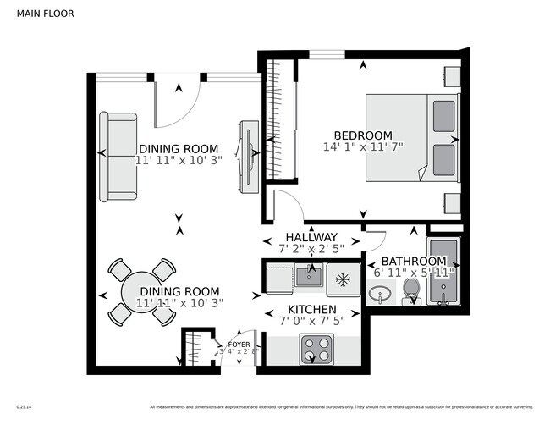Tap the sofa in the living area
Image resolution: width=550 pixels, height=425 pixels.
pos(118,157)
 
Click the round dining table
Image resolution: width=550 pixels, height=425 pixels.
pos(141,292)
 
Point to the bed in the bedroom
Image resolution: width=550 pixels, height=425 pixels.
pos(410,136)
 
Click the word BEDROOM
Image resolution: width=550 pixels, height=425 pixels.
pos(363,135)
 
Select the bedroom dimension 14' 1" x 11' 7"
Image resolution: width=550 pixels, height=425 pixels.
pos(363,147)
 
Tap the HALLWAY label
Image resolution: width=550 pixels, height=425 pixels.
pos(311,237)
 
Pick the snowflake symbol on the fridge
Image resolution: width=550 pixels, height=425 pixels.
pos(344,278)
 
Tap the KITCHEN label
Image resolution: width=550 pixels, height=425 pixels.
pos(312,310)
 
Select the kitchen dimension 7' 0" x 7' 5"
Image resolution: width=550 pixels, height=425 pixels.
pos(312,321)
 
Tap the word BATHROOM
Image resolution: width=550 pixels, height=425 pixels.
pos(413,261)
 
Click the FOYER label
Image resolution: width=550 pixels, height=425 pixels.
pos(239,345)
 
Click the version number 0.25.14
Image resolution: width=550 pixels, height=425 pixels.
pos(25,406)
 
